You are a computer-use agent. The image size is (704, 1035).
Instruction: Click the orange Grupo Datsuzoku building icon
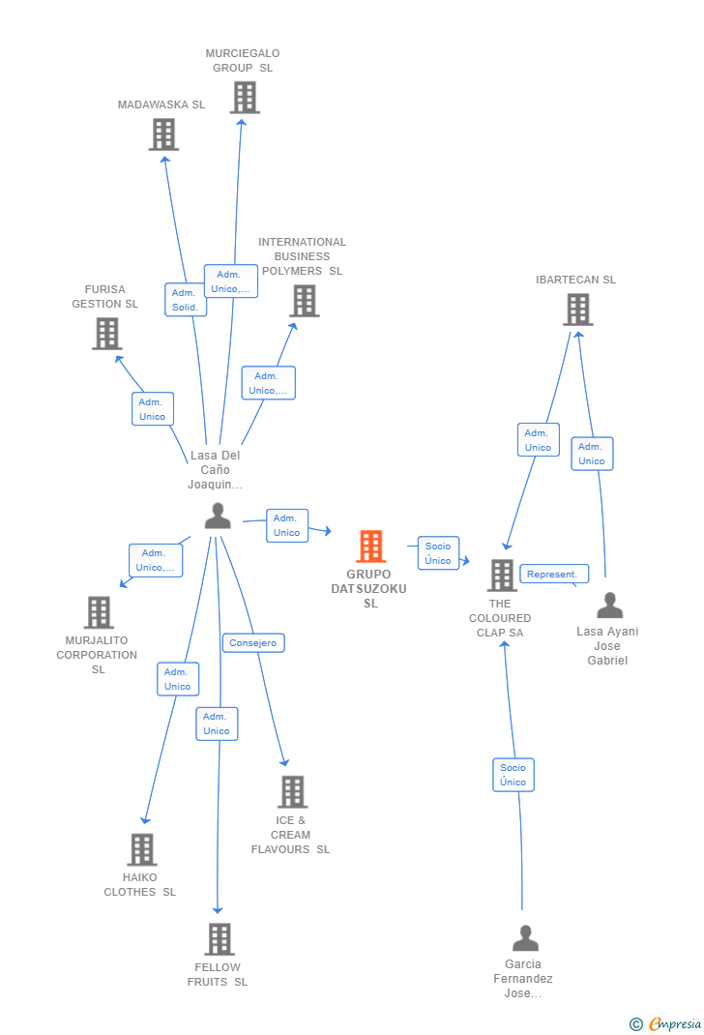tap(370, 547)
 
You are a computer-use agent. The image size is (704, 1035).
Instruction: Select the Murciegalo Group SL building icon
tap(245, 98)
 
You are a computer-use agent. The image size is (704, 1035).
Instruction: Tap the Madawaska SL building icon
tap(163, 134)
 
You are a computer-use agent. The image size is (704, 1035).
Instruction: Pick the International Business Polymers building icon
tap(304, 301)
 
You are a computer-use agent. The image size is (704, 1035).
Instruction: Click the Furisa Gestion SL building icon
tap(106, 334)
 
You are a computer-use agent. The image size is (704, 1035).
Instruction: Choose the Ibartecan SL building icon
tap(577, 310)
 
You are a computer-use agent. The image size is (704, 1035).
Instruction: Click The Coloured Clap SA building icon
tap(501, 576)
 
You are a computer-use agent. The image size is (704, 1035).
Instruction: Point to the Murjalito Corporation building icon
tap(99, 612)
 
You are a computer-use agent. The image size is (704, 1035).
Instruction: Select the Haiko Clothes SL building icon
tap(141, 849)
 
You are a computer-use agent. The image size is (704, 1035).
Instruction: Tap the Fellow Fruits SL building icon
tap(220, 939)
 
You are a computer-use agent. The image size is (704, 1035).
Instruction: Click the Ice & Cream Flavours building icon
tap(292, 792)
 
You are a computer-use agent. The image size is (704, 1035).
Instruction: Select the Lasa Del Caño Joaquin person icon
tap(218, 517)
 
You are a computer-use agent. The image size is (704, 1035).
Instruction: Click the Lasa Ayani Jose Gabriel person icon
tap(609, 606)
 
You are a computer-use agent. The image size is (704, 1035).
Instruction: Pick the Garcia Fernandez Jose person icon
tap(525, 938)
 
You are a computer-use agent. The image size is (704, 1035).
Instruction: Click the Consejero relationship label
tap(253, 643)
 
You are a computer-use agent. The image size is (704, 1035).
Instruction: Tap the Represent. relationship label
tap(553, 575)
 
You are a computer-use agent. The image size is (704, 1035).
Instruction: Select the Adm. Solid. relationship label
tap(185, 300)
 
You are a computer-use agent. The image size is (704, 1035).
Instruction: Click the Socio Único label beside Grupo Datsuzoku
tap(438, 553)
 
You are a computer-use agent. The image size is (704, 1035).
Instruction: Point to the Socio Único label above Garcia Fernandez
tap(513, 775)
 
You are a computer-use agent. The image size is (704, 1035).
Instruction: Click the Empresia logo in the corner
tap(666, 1023)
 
